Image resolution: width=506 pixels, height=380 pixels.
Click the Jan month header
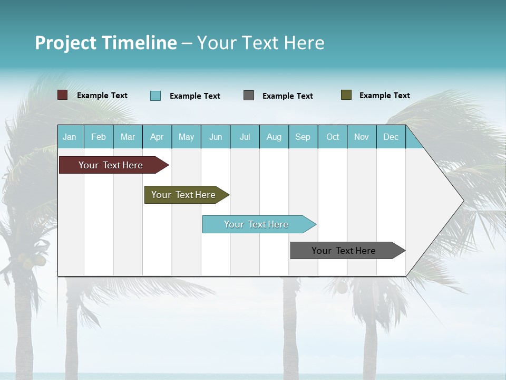tap(70, 137)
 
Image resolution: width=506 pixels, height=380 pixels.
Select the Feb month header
tap(99, 137)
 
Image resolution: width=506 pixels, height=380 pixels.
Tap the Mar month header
tap(128, 137)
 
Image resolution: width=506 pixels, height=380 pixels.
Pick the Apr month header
tap(157, 137)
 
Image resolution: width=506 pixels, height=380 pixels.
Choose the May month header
tap(186, 137)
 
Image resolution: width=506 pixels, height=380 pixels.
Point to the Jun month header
tap(216, 137)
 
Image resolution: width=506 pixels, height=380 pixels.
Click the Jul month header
tap(245, 137)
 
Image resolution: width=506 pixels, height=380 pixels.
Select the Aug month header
tap(274, 137)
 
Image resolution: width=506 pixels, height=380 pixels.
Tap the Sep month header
tap(303, 137)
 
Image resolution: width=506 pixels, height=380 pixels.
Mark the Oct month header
tap(333, 137)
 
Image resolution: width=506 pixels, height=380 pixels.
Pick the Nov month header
tap(362, 137)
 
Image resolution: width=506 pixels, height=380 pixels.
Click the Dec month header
tap(391, 137)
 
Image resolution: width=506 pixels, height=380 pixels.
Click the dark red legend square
tap(63, 95)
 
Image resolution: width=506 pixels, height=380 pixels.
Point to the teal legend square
tap(155, 96)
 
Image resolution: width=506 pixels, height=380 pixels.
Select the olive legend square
tap(346, 95)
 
